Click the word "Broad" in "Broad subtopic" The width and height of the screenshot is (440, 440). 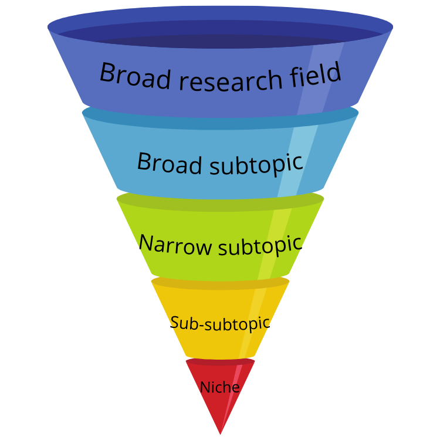pyautogui.click(x=169, y=163)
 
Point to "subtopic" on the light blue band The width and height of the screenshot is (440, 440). pyautogui.click(x=256, y=164)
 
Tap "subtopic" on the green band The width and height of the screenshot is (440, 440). pyautogui.click(x=259, y=245)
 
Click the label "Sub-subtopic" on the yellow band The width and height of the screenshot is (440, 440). pyautogui.click(x=220, y=323)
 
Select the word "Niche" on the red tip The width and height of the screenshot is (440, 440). pyautogui.click(x=220, y=387)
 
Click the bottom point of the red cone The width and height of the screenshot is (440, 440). pyautogui.click(x=220, y=434)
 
